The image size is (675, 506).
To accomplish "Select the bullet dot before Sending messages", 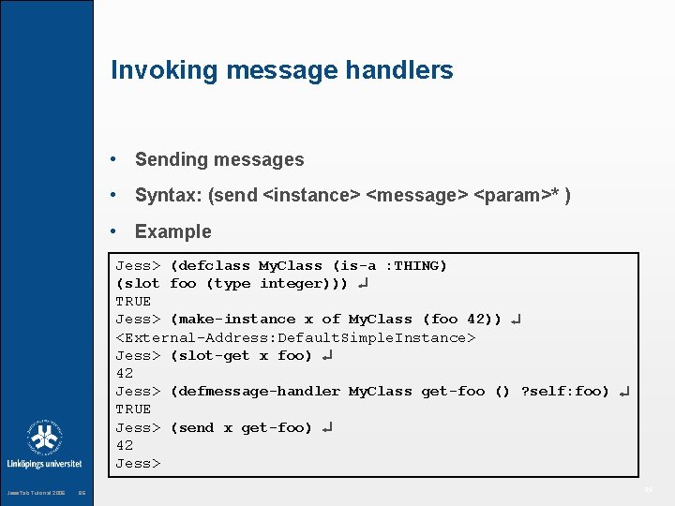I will pyautogui.click(x=113, y=160).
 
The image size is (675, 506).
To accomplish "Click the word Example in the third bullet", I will pyautogui.click(x=173, y=231).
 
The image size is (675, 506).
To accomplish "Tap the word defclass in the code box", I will pyautogui.click(x=213, y=266).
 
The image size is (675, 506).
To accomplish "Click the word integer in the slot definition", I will pyautogui.click(x=291, y=284).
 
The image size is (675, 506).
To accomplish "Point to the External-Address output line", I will pyautogui.click(x=296, y=337).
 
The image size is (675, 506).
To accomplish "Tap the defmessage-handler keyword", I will pyautogui.click(x=258, y=391).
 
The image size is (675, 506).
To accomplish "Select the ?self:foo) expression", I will pyautogui.click(x=565, y=391).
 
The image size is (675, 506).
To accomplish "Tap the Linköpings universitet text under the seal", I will pyautogui.click(x=44, y=464).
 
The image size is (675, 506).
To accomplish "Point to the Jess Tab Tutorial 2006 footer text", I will pyautogui.click(x=36, y=493).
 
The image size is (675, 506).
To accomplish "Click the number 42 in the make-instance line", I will pyautogui.click(x=475, y=320).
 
